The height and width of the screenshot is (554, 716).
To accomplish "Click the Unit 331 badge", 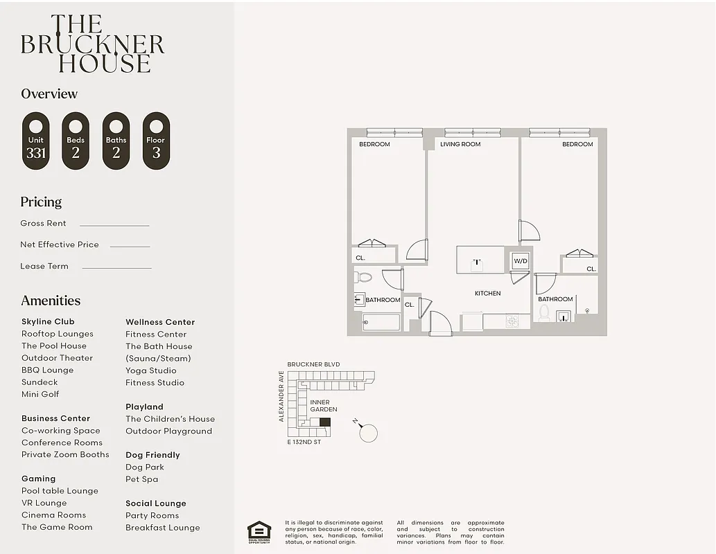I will [x=36, y=141].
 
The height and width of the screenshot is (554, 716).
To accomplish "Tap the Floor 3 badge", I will [x=156, y=141].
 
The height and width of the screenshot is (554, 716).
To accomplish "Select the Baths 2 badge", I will [x=116, y=141].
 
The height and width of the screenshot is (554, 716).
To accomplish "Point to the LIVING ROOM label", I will [x=460, y=144].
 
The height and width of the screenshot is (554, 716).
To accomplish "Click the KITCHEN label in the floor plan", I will [x=487, y=294].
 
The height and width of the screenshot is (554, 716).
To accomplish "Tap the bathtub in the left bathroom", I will [x=381, y=322].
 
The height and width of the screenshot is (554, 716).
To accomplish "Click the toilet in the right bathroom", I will [x=544, y=314].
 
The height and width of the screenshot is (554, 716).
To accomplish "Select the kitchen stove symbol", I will [x=512, y=321].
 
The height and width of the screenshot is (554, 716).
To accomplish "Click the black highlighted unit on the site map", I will [x=325, y=421].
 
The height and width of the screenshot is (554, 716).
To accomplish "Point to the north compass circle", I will [x=369, y=434].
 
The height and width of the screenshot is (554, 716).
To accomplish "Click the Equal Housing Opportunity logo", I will [x=259, y=531].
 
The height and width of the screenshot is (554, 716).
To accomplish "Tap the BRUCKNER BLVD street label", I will [x=313, y=364].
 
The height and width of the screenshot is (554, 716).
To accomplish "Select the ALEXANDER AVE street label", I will [x=281, y=395].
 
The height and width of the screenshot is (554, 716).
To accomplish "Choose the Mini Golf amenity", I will [x=40, y=394].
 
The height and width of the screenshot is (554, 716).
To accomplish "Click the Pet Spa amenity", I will [x=141, y=479].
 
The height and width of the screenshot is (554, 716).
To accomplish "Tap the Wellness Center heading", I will [x=160, y=322].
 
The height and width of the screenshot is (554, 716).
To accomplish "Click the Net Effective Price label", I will [x=60, y=244].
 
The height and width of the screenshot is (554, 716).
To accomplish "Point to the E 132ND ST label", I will [x=304, y=442].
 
